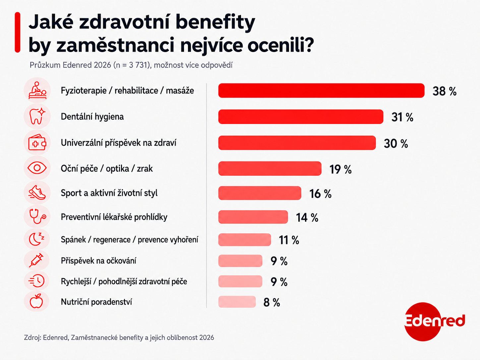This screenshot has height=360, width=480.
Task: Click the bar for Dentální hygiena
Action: (x=301, y=117)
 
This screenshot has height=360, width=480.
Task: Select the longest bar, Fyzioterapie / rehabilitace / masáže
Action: (x=321, y=90)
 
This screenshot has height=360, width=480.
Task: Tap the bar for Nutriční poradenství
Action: (x=237, y=302)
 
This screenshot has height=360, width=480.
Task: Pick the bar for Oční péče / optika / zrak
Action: (x=270, y=168)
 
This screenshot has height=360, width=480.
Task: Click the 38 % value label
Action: (x=444, y=91)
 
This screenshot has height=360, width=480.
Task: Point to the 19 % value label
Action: (x=340, y=169)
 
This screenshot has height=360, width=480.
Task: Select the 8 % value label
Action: (x=271, y=303)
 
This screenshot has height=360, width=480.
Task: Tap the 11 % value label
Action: (x=289, y=240)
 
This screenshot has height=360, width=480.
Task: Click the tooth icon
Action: (x=37, y=116)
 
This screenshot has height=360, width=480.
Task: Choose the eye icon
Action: (x=37, y=168)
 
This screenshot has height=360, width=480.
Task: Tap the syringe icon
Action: (x=36, y=260)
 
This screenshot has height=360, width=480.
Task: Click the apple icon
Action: (x=36, y=301)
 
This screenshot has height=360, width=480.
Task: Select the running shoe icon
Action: (x=37, y=193)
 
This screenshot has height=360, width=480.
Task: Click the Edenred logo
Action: (x=435, y=322)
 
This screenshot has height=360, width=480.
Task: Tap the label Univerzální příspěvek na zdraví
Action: (x=119, y=143)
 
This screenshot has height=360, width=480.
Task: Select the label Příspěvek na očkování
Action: (x=98, y=261)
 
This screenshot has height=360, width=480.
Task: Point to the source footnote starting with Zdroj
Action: (x=119, y=338)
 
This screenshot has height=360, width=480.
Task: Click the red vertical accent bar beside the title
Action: (x=18, y=32)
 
